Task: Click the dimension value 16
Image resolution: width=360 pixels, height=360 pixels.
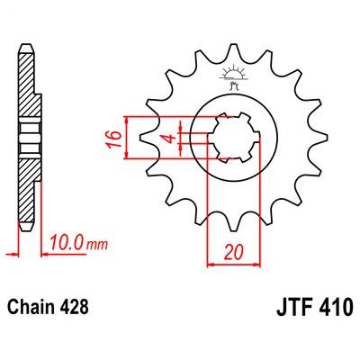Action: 113,139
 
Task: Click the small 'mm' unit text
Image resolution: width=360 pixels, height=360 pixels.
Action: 96,245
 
